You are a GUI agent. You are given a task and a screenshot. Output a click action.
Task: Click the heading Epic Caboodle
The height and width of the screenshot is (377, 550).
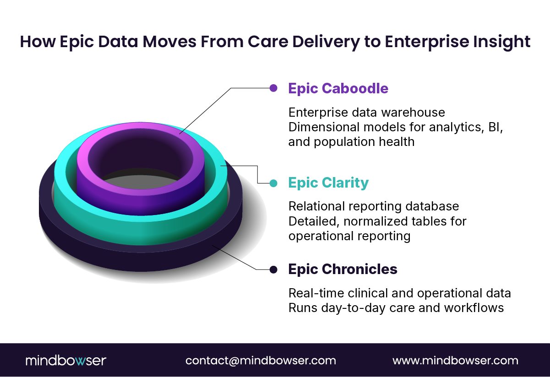[x=338, y=88]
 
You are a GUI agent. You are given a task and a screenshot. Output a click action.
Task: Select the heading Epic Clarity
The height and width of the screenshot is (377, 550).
[x=328, y=183]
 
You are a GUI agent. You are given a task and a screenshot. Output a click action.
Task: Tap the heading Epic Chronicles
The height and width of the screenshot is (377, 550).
[x=343, y=269]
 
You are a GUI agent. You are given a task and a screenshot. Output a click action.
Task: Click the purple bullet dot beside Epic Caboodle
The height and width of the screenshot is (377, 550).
[x=273, y=88]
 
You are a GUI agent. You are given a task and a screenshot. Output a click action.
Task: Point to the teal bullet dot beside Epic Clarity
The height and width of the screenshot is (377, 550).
[x=273, y=183]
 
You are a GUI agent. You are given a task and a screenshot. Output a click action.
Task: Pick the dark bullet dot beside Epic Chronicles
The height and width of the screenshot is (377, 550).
[x=273, y=269]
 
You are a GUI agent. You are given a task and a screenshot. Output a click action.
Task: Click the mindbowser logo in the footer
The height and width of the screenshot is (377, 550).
[x=65, y=361]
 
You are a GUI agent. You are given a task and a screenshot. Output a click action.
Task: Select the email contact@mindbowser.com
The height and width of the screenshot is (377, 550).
[x=261, y=361]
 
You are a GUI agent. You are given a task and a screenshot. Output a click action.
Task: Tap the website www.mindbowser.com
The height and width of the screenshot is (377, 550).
[x=455, y=361]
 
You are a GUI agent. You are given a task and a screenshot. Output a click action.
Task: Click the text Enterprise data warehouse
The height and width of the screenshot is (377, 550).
[x=366, y=112]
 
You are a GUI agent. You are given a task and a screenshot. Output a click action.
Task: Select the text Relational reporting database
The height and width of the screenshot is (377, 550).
[x=373, y=207]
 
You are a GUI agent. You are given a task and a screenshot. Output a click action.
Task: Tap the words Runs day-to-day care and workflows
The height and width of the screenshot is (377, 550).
[x=396, y=308]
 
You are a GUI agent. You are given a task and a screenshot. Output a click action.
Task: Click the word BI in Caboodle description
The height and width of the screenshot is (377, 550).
[x=495, y=127]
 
